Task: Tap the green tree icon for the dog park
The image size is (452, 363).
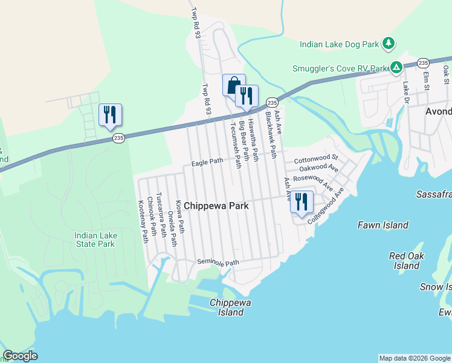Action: [390, 43]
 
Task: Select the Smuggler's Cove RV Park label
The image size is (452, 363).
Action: [338, 68]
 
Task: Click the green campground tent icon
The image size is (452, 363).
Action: [396, 67]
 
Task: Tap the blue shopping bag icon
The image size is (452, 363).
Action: [233, 85]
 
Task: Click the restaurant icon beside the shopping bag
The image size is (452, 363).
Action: [247, 96]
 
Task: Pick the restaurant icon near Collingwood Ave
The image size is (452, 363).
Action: [302, 202]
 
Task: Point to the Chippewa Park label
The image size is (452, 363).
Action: [216, 206]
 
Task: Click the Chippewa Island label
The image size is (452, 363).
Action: [227, 307]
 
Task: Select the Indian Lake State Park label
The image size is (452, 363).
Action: [94, 240]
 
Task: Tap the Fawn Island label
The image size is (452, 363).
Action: [383, 225]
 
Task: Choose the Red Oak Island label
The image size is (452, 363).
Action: [406, 261]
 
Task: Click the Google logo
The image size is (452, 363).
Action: [20, 355]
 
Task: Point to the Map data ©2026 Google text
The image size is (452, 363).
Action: [414, 358]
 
